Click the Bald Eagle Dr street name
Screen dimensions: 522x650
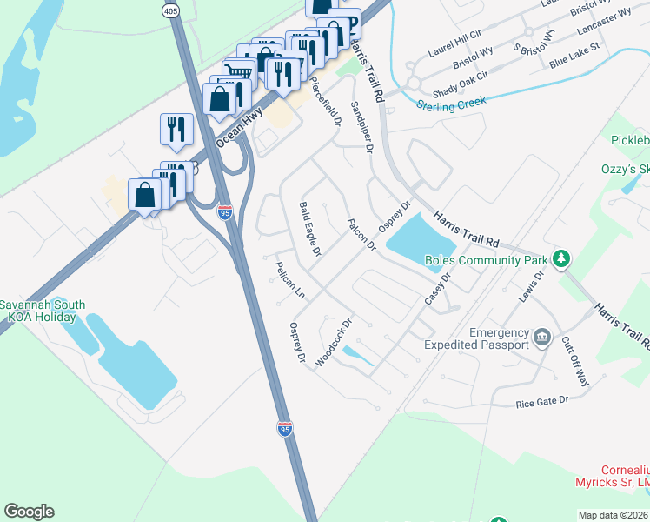[310, 229]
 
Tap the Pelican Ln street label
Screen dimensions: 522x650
[289, 280]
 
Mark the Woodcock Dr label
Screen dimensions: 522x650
[334, 341]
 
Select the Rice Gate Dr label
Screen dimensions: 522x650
[541, 400]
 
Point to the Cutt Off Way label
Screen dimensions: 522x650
[575, 361]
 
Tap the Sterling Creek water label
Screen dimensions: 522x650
[451, 103]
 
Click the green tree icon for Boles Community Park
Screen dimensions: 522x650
[562, 258]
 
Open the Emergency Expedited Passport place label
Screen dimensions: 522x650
[486, 339]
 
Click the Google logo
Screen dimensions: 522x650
[29, 512]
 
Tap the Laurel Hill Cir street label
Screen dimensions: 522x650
[450, 38]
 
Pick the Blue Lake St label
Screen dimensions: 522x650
[574, 57]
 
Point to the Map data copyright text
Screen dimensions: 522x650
[614, 515]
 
